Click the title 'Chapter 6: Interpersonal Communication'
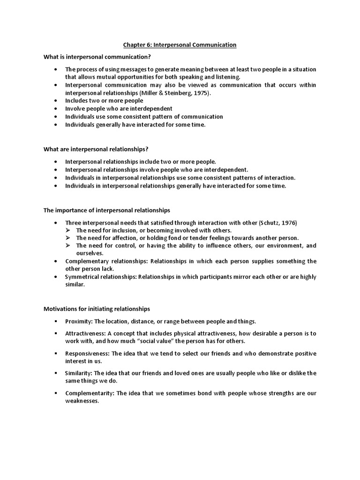(180, 45)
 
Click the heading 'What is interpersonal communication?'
(97, 57)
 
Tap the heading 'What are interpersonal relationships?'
(96, 149)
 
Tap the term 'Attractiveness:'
(85, 333)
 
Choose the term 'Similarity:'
(78, 373)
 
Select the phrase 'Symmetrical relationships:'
(101, 277)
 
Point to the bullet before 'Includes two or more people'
(56, 101)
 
